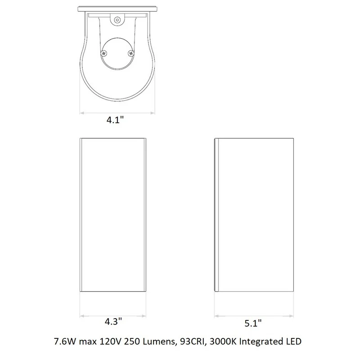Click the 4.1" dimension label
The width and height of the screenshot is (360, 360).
click(115, 120)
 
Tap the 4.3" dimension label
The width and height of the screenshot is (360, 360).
click(113, 321)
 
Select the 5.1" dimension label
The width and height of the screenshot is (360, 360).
click(253, 323)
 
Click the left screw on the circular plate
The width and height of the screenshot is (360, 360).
click(104, 53)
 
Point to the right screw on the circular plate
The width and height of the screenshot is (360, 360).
click(131, 54)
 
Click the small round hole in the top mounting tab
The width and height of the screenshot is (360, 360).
click(117, 20)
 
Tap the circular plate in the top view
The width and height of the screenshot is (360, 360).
click(117, 54)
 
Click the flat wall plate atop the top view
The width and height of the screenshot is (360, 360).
click(117, 9)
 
